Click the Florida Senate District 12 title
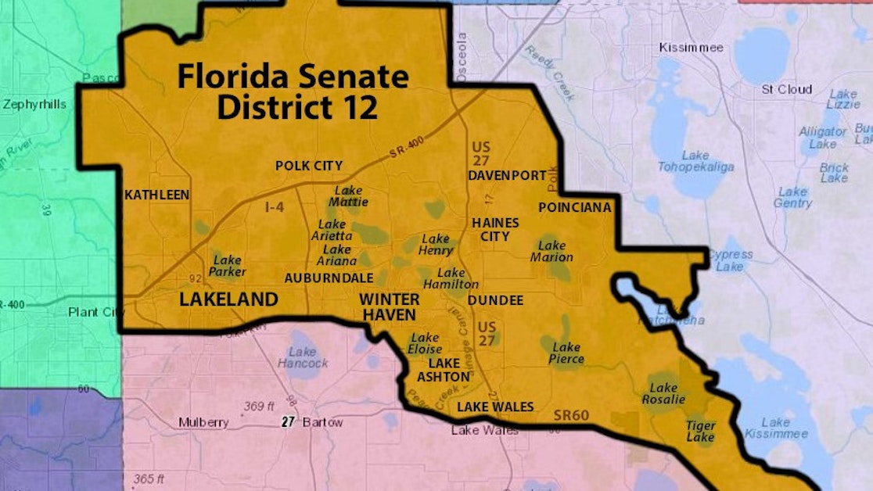click(293, 92)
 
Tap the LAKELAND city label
click(228, 299)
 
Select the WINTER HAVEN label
click(389, 306)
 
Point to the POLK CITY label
click(309, 166)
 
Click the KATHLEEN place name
click(156, 195)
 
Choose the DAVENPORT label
click(507, 176)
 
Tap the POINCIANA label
click(575, 207)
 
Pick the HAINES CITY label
click(495, 229)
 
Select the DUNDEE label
click(495, 300)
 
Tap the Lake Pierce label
click(566, 353)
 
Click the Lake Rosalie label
click(664, 393)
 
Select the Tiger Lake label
click(700, 432)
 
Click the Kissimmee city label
click(691, 48)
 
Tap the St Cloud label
click(786, 90)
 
